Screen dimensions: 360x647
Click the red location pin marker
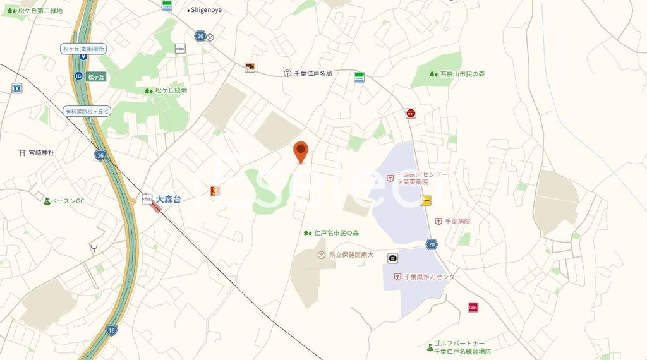pyautogui.click(x=301, y=152)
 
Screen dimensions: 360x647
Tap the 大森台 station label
pyautogui.click(x=168, y=199)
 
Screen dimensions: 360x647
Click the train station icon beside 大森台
pyautogui.click(x=147, y=200)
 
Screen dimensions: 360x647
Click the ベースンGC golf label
pyautogui.click(x=67, y=201)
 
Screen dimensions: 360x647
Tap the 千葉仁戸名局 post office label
pyautogui.click(x=313, y=73)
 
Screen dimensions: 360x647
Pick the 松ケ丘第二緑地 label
pyautogui.click(x=40, y=11)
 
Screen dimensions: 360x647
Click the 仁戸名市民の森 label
pyautogui.click(x=336, y=233)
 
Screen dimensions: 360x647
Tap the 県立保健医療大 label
pyautogui.click(x=351, y=255)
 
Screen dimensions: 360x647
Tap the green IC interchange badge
pyautogui.click(x=78, y=76)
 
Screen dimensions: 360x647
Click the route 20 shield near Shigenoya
pyautogui.click(x=200, y=37)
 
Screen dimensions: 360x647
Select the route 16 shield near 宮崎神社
pyautogui.click(x=100, y=155)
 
